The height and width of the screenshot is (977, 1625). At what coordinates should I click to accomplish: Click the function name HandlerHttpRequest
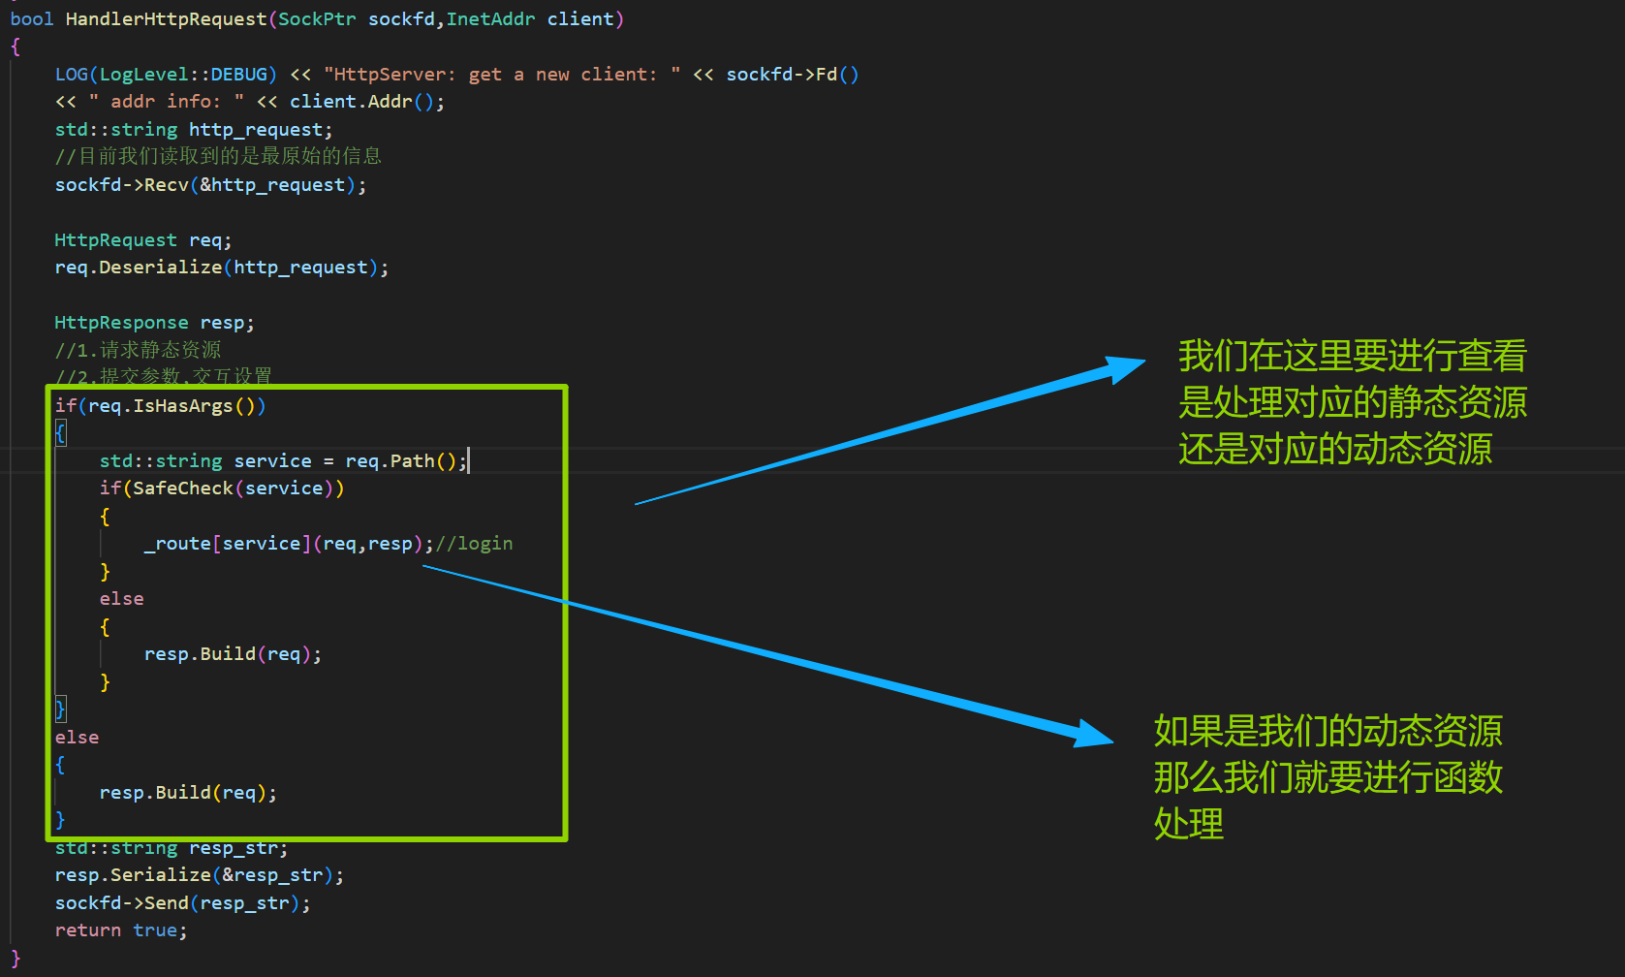[166, 19]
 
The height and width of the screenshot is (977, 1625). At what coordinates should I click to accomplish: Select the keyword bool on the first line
[32, 19]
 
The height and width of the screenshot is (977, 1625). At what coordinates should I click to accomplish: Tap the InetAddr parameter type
[490, 19]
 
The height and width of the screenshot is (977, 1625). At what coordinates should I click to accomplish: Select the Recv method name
[167, 185]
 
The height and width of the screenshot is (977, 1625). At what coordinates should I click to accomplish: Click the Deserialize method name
[160, 268]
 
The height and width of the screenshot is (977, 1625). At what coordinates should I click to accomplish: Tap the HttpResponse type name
[121, 323]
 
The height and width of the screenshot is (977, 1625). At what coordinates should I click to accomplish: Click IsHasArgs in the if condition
[183, 406]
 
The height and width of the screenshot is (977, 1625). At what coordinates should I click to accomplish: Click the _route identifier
[177, 544]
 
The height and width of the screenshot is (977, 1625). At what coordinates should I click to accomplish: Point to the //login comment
[475, 544]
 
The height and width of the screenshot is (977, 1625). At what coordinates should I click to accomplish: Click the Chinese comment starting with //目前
[218, 156]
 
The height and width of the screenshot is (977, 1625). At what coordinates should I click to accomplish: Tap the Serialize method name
[160, 875]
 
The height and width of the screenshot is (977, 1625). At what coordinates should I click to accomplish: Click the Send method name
[167, 903]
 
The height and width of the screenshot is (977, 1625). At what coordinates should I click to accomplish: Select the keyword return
[88, 930]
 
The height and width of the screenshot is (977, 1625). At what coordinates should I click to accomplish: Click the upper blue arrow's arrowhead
[1125, 368]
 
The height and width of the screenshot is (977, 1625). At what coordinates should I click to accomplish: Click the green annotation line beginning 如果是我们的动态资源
[1328, 732]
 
